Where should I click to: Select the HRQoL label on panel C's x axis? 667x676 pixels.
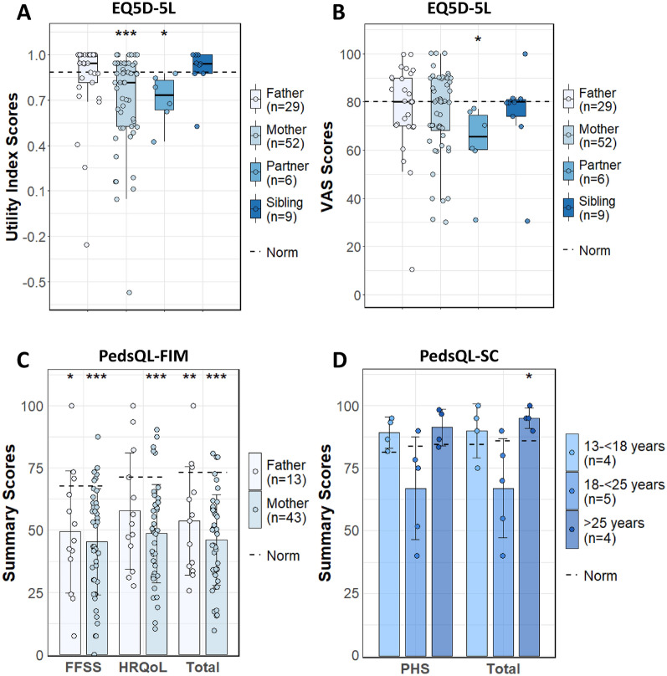136,668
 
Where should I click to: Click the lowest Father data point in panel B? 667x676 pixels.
388,269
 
